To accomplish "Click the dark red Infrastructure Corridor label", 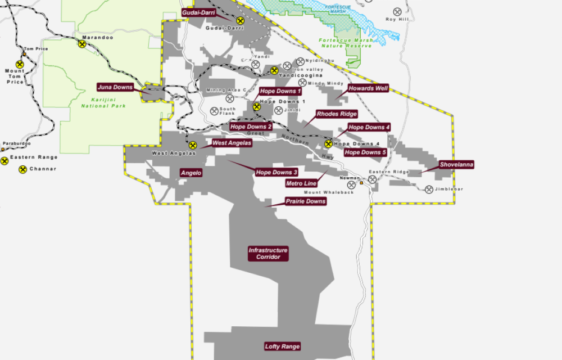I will (x=268, y=254).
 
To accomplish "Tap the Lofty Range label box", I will (x=282, y=346).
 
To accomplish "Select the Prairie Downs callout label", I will (x=305, y=201).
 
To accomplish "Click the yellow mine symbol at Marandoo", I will (x=82, y=44).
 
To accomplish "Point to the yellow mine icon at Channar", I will (x=22, y=169).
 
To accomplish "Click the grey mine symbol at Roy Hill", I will (x=398, y=11).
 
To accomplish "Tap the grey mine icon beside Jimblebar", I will (x=429, y=190).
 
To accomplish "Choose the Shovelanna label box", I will (x=456, y=165).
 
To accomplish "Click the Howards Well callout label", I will (x=368, y=88).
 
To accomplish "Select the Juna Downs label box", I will (x=115, y=87).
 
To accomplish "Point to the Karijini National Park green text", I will (x=103, y=102).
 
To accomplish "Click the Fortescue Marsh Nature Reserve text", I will (x=345, y=43).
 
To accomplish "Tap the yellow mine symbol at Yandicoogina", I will (x=274, y=70).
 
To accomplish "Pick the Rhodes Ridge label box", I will (x=337, y=114).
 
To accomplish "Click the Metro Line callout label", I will (x=301, y=183).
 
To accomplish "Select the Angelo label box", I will (x=191, y=173).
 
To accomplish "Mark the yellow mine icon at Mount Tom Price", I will (x=20, y=65).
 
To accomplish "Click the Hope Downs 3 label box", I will (x=277, y=172).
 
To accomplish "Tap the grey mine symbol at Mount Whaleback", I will (x=352, y=184).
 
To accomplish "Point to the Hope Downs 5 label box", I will (x=365, y=152).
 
